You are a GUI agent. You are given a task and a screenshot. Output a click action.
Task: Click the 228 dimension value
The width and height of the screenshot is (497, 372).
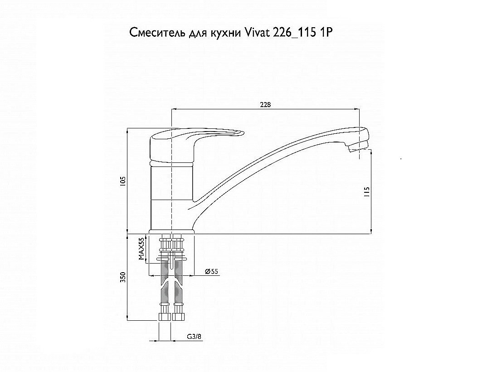pos(265,104)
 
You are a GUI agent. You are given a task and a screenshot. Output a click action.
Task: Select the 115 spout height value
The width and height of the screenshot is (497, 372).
pos(367,192)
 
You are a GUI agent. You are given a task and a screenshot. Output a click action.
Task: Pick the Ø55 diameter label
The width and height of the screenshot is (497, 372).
pos(211,271)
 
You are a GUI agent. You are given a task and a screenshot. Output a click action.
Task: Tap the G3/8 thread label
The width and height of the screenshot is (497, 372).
pos(194,336)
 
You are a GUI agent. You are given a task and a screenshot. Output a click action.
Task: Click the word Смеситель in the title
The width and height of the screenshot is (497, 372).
pos(157,33)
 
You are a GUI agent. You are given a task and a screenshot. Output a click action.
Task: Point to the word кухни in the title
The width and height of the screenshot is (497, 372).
pos(225,33)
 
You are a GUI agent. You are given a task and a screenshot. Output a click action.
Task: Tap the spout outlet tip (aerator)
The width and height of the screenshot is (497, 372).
pos(358,147)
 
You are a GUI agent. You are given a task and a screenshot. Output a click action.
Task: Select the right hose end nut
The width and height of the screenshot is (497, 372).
pos(177,317)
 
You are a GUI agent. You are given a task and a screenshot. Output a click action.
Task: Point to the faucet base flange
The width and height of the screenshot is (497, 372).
pos(171,231)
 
